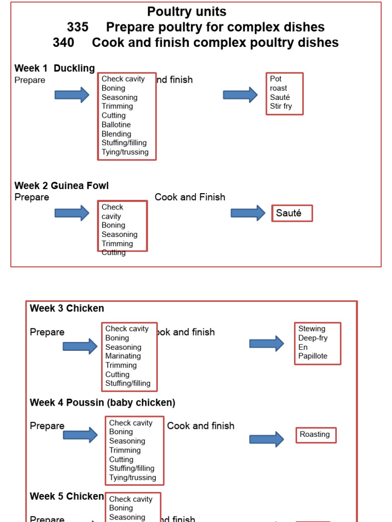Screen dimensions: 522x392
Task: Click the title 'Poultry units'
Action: point(186,12)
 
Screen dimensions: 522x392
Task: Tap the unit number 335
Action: point(78,27)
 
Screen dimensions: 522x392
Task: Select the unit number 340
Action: point(63,43)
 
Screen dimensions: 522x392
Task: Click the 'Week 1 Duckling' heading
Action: point(55,68)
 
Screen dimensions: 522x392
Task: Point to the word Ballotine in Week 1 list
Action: point(116,125)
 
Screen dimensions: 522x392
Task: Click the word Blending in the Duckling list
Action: point(116,134)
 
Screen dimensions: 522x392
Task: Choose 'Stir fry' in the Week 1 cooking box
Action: point(281,107)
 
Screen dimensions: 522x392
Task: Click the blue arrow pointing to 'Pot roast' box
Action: point(240,95)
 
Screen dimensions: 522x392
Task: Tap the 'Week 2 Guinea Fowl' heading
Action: point(61,186)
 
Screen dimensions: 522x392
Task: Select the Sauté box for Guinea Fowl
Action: point(291,214)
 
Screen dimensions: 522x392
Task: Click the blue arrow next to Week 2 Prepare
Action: point(72,213)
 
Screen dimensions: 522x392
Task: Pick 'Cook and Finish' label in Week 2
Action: point(190,197)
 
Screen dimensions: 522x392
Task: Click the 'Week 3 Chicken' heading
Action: point(67,308)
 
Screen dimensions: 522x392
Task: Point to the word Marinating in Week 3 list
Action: point(123,356)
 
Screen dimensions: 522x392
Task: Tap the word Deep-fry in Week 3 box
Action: point(313,338)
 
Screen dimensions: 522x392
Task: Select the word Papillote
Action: point(313,356)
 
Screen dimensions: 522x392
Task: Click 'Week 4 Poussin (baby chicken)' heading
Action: point(103,403)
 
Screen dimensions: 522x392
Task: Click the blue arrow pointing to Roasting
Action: point(266,439)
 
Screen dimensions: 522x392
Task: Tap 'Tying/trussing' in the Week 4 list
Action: point(133,478)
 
